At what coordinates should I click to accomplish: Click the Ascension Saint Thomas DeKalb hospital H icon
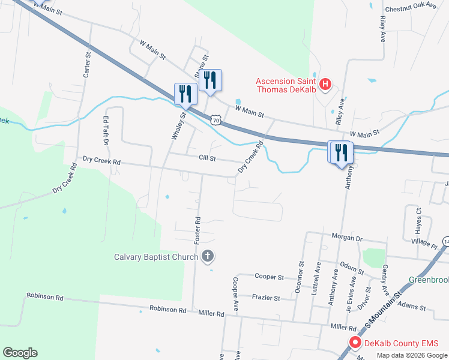[325, 84]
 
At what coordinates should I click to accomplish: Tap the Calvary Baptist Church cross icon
[208, 257]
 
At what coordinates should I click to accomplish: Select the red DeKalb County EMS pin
[354, 344]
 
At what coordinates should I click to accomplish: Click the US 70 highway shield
[215, 120]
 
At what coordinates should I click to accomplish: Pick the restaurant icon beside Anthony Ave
[340, 152]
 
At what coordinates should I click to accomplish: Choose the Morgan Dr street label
[351, 238]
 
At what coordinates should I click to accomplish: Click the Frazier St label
[266, 298]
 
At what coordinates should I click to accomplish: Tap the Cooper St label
[269, 277]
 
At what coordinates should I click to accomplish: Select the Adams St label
[412, 307]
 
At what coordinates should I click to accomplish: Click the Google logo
[20, 353]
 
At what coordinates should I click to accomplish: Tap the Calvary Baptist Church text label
[156, 257]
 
